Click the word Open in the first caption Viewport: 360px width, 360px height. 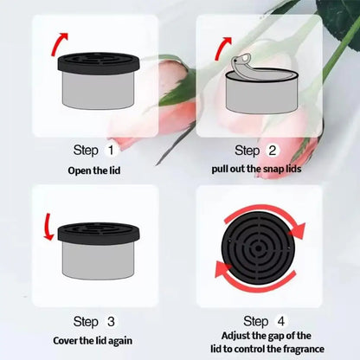80,170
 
